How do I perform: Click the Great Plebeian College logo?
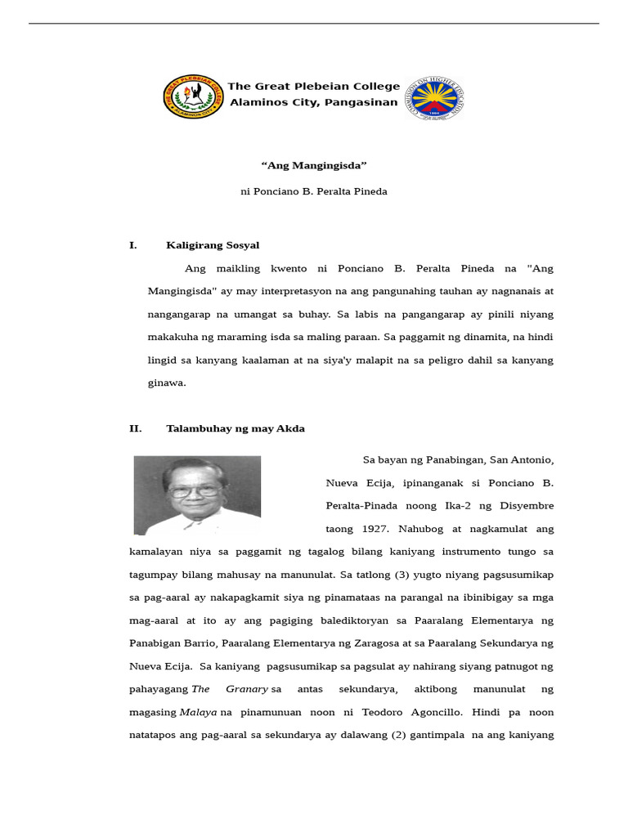(x=193, y=96)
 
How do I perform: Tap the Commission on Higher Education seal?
(x=434, y=99)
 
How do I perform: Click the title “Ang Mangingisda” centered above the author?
(x=314, y=165)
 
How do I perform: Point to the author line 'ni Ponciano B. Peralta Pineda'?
(x=314, y=192)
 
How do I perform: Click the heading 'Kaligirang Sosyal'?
(x=213, y=245)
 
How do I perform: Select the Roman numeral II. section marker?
(x=135, y=429)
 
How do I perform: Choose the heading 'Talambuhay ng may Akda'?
(x=235, y=429)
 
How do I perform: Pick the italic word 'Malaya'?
(x=199, y=712)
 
